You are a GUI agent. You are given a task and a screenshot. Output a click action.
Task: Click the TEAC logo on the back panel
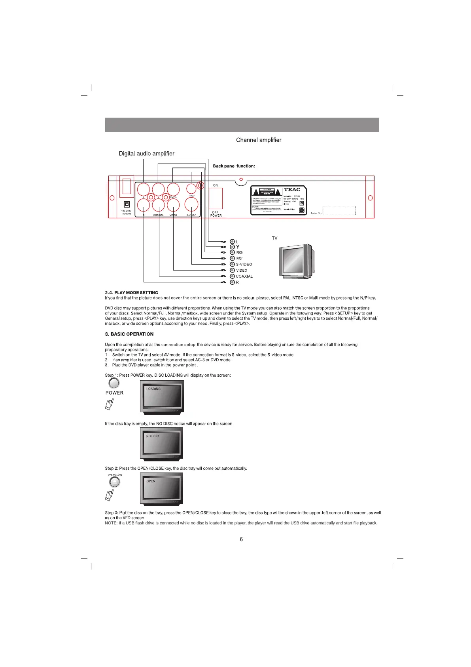[x=292, y=190]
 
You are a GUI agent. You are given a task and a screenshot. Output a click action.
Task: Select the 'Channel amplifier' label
[x=259, y=140]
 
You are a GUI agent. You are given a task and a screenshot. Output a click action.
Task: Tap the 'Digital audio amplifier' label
[x=146, y=154]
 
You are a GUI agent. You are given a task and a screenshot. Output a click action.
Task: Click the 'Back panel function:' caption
[x=234, y=166]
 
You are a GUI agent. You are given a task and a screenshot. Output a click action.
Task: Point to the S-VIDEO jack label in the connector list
[x=244, y=265]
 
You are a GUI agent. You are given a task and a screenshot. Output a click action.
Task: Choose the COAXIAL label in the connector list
[x=244, y=276]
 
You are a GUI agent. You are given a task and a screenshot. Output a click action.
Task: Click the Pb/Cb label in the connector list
[x=239, y=253]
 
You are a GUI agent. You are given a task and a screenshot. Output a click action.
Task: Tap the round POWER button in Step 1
[x=114, y=383]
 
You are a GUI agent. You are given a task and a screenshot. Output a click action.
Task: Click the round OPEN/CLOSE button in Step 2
[x=114, y=482]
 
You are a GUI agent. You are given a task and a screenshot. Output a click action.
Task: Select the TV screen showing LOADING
[x=162, y=397]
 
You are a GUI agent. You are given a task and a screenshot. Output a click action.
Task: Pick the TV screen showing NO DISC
[x=162, y=444]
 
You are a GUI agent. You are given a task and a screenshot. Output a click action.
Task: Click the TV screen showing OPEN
[x=162, y=489]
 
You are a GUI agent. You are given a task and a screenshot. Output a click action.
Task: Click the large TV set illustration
[x=297, y=262]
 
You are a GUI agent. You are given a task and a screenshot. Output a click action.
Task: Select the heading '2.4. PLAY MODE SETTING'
[x=131, y=293]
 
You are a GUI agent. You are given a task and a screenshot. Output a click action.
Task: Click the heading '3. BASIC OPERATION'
[x=129, y=334]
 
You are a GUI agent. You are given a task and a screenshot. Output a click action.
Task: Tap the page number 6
[x=241, y=539]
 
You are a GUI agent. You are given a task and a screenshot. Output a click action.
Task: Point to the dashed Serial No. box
[x=339, y=211]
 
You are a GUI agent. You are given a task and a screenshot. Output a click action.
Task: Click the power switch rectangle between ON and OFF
[x=216, y=198]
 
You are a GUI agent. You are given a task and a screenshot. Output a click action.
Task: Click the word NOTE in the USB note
[x=111, y=523]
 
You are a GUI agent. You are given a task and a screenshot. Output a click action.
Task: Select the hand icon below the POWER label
[x=109, y=404]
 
